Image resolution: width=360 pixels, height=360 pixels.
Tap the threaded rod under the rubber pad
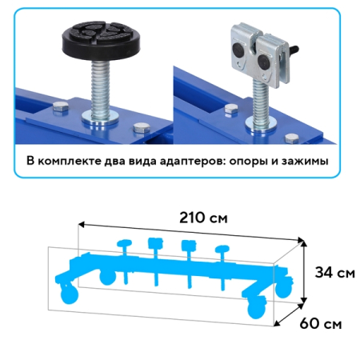coord(100,88)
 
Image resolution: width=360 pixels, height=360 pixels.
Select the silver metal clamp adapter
coord(259,55)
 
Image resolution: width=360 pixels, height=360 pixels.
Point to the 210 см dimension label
coord(203,218)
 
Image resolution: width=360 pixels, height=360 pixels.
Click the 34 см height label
coord(335,273)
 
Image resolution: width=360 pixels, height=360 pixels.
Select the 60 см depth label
coord(321,323)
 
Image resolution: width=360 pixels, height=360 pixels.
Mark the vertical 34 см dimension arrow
coord(303,272)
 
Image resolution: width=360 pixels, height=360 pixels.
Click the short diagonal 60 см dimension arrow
coord(289,315)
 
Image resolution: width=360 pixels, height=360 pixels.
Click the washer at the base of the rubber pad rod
coord(100,118)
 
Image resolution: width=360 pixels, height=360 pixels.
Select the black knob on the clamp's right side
coord(294,49)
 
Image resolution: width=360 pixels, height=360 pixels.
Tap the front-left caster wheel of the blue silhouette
coord(69,295)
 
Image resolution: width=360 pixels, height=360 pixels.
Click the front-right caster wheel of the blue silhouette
coord(257,309)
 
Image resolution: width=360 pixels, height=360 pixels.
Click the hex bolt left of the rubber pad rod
coord(61,107)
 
